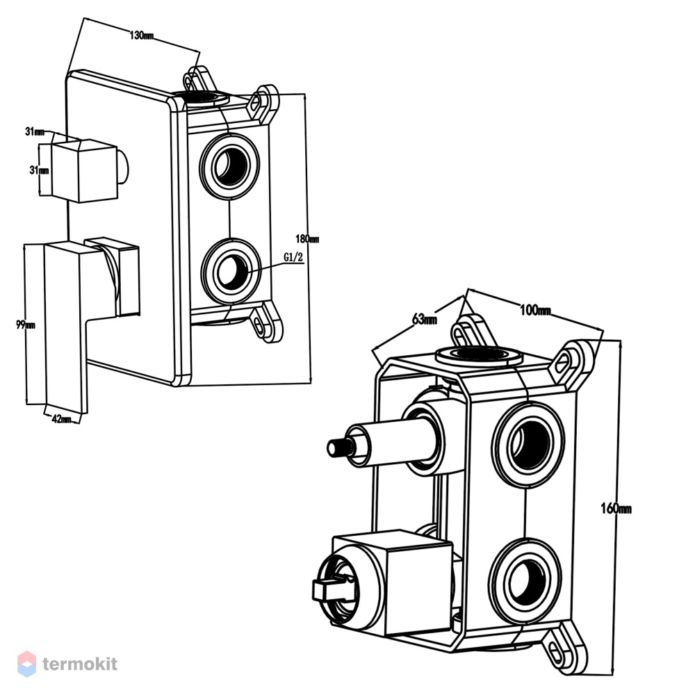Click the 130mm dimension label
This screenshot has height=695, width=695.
tap(141, 35)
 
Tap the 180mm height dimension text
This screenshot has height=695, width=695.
tap(307, 239)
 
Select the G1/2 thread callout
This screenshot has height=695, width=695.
tap(293, 257)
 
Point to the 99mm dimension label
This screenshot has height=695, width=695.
tap(25, 325)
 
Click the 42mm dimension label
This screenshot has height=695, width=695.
tap(61, 418)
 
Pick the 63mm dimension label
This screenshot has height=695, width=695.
tap(425, 319)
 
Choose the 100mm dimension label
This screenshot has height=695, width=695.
tap(535, 310)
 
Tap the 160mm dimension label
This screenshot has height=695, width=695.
tap(616, 509)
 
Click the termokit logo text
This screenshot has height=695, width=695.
tap(80, 664)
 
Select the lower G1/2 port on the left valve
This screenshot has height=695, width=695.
tap(231, 271)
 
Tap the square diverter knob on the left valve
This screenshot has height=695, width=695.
tap(84, 171)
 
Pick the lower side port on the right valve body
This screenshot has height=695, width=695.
tap(527, 580)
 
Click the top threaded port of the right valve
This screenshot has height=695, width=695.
tap(477, 355)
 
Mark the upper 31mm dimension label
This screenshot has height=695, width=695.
tap(35, 131)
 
